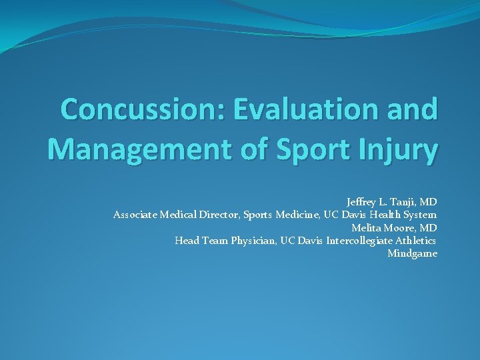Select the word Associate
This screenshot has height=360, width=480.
click(x=136, y=215)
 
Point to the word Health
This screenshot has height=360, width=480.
click(x=381, y=215)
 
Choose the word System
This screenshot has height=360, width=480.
click(x=419, y=215)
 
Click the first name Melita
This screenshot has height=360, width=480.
click(x=366, y=227)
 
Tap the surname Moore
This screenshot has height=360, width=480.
click(x=399, y=227)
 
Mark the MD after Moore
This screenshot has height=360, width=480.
click(x=428, y=227)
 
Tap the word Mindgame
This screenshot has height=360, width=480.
click(x=412, y=254)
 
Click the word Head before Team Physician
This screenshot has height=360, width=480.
click(x=187, y=241)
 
